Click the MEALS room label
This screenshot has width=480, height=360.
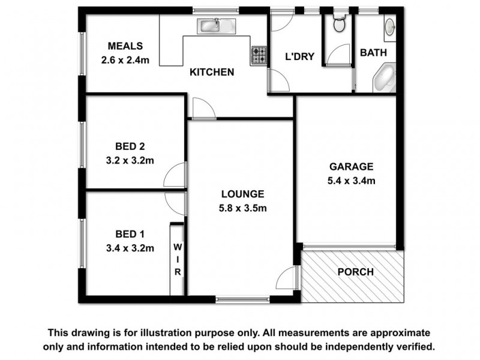(x=125, y=46)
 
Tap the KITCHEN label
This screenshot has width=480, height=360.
(x=212, y=73)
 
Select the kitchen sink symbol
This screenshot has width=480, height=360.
(x=217, y=25)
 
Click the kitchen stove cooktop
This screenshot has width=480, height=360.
(x=259, y=56)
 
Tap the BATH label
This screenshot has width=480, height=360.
(x=373, y=53)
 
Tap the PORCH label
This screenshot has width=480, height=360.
(x=355, y=272)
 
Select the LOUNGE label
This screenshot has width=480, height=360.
(x=242, y=194)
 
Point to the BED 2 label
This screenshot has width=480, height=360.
(x=130, y=146)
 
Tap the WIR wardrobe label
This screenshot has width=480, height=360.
(x=178, y=259)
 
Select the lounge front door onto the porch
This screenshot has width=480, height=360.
(x=289, y=278)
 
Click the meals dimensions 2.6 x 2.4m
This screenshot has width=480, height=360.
(x=125, y=59)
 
